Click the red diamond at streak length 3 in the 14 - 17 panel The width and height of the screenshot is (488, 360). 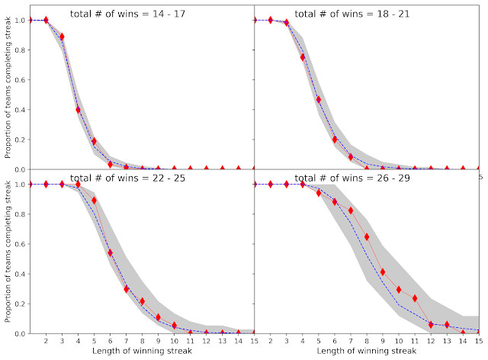62,37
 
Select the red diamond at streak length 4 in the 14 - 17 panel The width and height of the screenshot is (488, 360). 78,109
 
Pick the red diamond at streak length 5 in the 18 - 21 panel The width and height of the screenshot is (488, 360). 319,99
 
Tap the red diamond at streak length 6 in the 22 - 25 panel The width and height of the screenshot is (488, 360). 111,252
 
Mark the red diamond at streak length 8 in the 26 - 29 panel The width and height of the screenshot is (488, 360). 367,236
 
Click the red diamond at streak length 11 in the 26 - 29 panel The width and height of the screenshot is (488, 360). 415,298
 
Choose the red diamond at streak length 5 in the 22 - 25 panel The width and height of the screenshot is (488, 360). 95,200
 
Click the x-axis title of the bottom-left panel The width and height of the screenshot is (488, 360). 143,352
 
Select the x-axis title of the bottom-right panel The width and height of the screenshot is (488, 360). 367,352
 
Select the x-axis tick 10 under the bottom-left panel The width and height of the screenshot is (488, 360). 175,341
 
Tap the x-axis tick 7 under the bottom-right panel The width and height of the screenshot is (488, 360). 351,341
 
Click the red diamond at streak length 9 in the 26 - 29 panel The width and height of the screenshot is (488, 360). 383,272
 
